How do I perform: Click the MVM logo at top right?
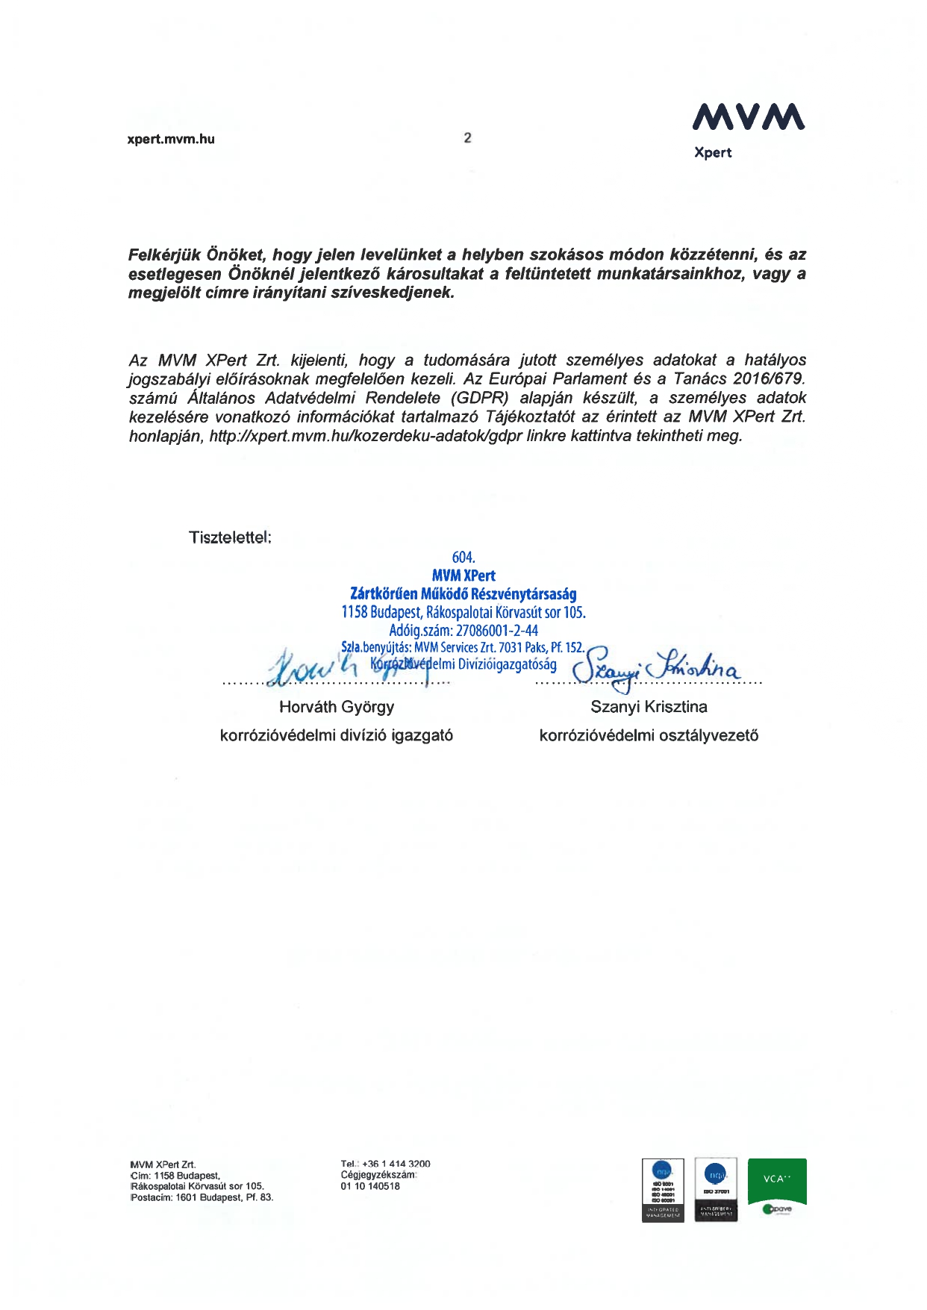click(748, 116)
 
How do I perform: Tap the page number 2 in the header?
click(467, 137)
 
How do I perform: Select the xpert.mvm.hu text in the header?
click(171, 139)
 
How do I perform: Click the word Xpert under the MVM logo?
click(713, 152)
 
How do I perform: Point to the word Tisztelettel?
click(230, 537)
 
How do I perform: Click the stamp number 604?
click(463, 558)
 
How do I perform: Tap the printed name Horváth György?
click(337, 707)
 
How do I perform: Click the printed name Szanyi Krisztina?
click(649, 707)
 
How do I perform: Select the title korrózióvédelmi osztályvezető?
click(649, 736)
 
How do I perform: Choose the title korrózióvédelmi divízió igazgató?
click(337, 736)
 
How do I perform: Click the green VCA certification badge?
click(777, 1181)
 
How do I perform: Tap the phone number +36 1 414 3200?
click(396, 1164)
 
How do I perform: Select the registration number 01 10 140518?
click(370, 1186)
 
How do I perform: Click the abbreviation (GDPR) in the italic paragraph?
click(480, 398)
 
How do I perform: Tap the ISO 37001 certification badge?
click(716, 1190)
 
